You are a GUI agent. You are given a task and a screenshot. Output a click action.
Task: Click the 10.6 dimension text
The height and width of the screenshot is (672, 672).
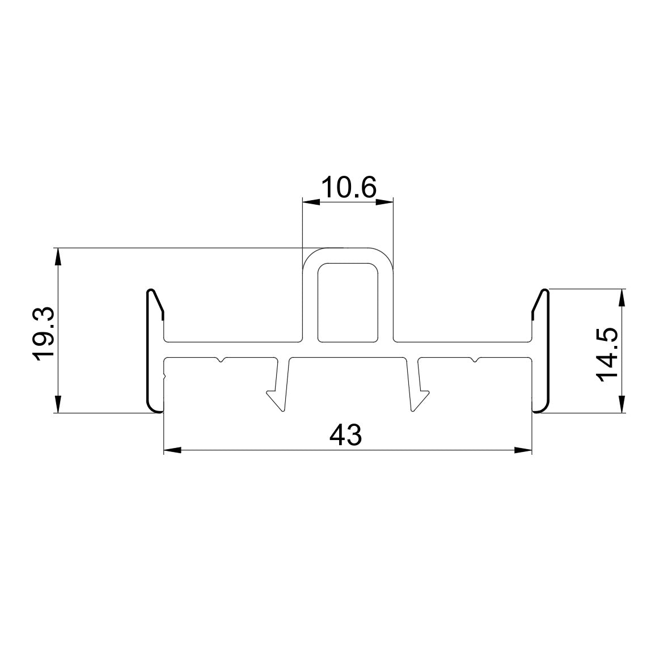click(x=348, y=187)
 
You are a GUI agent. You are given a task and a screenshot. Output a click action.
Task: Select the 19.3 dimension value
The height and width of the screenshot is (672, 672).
click(x=44, y=332)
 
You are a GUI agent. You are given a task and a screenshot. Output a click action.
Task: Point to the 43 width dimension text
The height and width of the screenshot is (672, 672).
click(x=345, y=436)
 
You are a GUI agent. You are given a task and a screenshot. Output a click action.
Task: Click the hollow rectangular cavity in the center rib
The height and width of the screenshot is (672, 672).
click(x=348, y=303)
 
